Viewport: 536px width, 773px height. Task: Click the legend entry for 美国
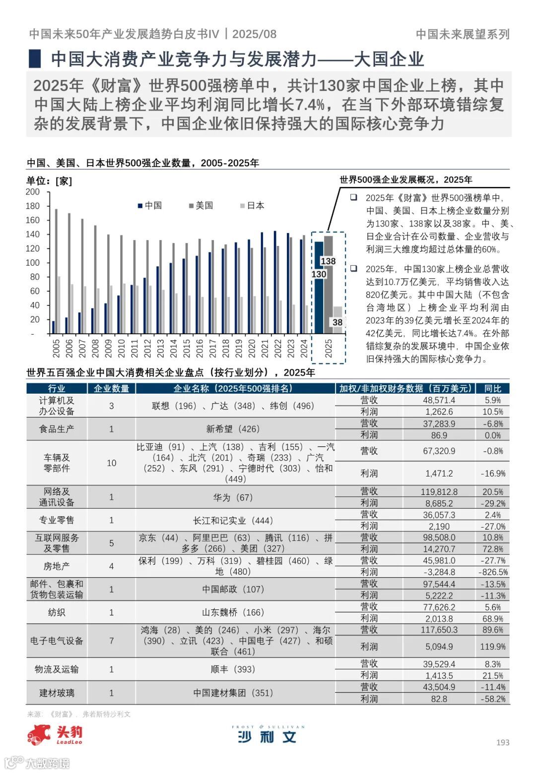[201, 205]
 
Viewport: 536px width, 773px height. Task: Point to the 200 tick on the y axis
[33, 192]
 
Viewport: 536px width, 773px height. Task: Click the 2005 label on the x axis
[56, 348]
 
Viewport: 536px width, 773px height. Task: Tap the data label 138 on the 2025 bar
[328, 261]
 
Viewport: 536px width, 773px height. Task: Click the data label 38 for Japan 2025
[337, 322]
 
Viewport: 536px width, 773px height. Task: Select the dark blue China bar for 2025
[319, 297]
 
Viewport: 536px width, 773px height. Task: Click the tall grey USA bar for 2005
[56, 271]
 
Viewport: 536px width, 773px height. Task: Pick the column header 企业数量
[111, 388]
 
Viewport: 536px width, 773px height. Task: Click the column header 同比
[493, 388]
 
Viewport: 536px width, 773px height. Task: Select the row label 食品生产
[57, 429]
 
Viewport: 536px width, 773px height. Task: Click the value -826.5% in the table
[493, 572]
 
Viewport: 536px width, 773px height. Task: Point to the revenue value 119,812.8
[439, 492]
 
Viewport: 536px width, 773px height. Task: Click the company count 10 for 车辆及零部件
[111, 463]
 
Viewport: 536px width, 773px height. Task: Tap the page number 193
[503, 742]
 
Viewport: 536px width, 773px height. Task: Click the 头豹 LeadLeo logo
[55, 735]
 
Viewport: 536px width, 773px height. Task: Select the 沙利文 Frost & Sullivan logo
[268, 735]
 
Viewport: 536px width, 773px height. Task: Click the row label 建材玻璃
[57, 693]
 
